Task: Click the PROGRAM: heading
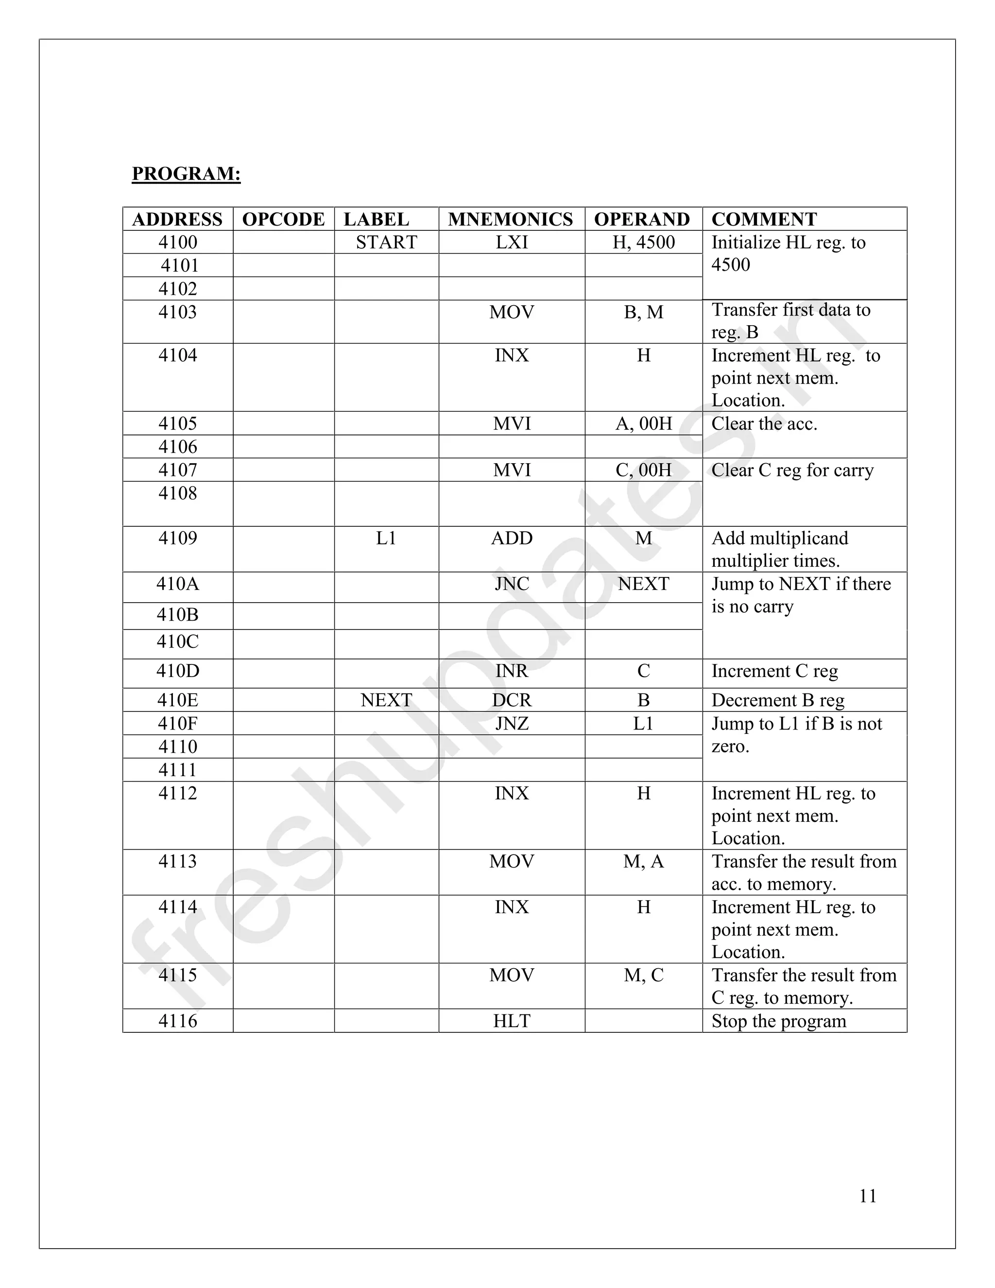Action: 186,174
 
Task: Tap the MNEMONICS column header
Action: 511,219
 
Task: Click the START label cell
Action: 386,243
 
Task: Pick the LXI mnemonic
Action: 512,243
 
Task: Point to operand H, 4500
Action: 643,243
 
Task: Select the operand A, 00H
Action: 643,423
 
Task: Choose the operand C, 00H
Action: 643,470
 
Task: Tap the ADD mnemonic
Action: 512,538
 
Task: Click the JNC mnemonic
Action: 512,584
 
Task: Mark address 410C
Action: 177,642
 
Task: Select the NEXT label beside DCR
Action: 386,700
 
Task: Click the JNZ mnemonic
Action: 512,724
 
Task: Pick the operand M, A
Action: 643,862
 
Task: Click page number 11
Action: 868,1196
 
